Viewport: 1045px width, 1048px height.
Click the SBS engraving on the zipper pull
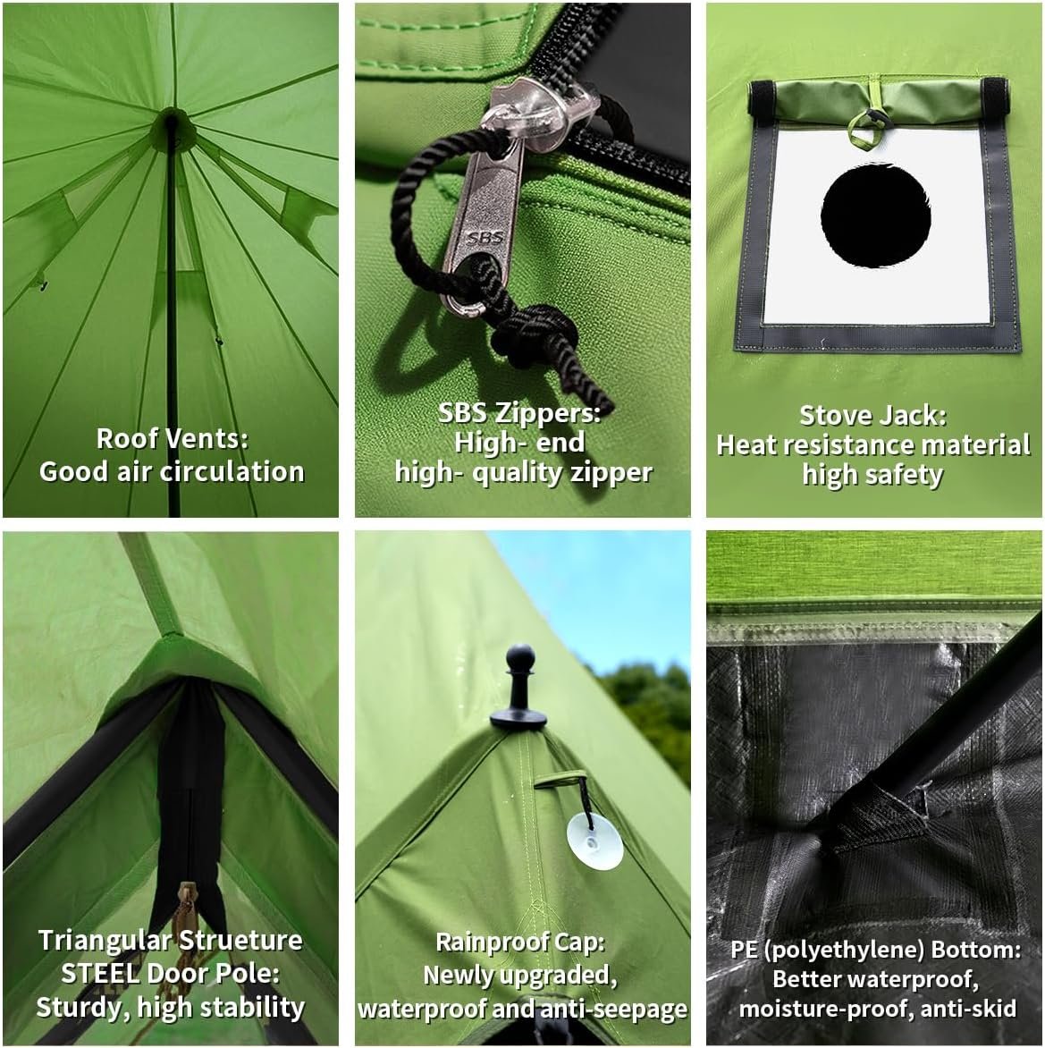point(485,238)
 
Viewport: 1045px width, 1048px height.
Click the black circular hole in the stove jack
point(875,216)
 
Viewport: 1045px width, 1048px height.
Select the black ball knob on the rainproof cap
point(519,658)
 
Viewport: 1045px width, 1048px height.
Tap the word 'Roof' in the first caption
point(127,439)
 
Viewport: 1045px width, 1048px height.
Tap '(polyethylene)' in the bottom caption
point(843,950)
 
